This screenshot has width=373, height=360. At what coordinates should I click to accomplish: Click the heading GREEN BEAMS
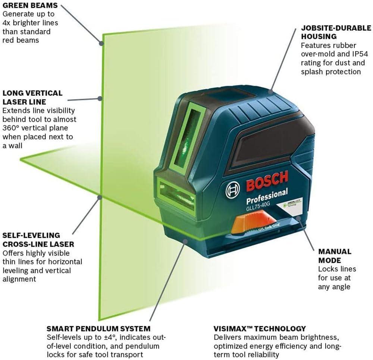pyautogui.click(x=30, y=6)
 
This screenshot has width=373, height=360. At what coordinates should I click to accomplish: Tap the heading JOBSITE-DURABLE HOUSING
pyautogui.click(x=336, y=32)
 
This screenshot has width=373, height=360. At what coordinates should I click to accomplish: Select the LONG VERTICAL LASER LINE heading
pyautogui.click(x=32, y=97)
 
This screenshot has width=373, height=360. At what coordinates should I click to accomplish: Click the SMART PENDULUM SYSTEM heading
pyautogui.click(x=98, y=329)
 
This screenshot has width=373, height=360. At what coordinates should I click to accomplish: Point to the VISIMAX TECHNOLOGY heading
pyautogui.click(x=260, y=329)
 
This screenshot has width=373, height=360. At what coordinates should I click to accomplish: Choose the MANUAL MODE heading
pyautogui.click(x=335, y=256)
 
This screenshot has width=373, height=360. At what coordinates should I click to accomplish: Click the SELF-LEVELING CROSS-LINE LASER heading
pyautogui.click(x=38, y=240)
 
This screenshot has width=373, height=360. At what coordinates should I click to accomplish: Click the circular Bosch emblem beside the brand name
pyautogui.click(x=233, y=191)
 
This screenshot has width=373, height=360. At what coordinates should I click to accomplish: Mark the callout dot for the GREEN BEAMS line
pyautogui.click(x=101, y=43)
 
